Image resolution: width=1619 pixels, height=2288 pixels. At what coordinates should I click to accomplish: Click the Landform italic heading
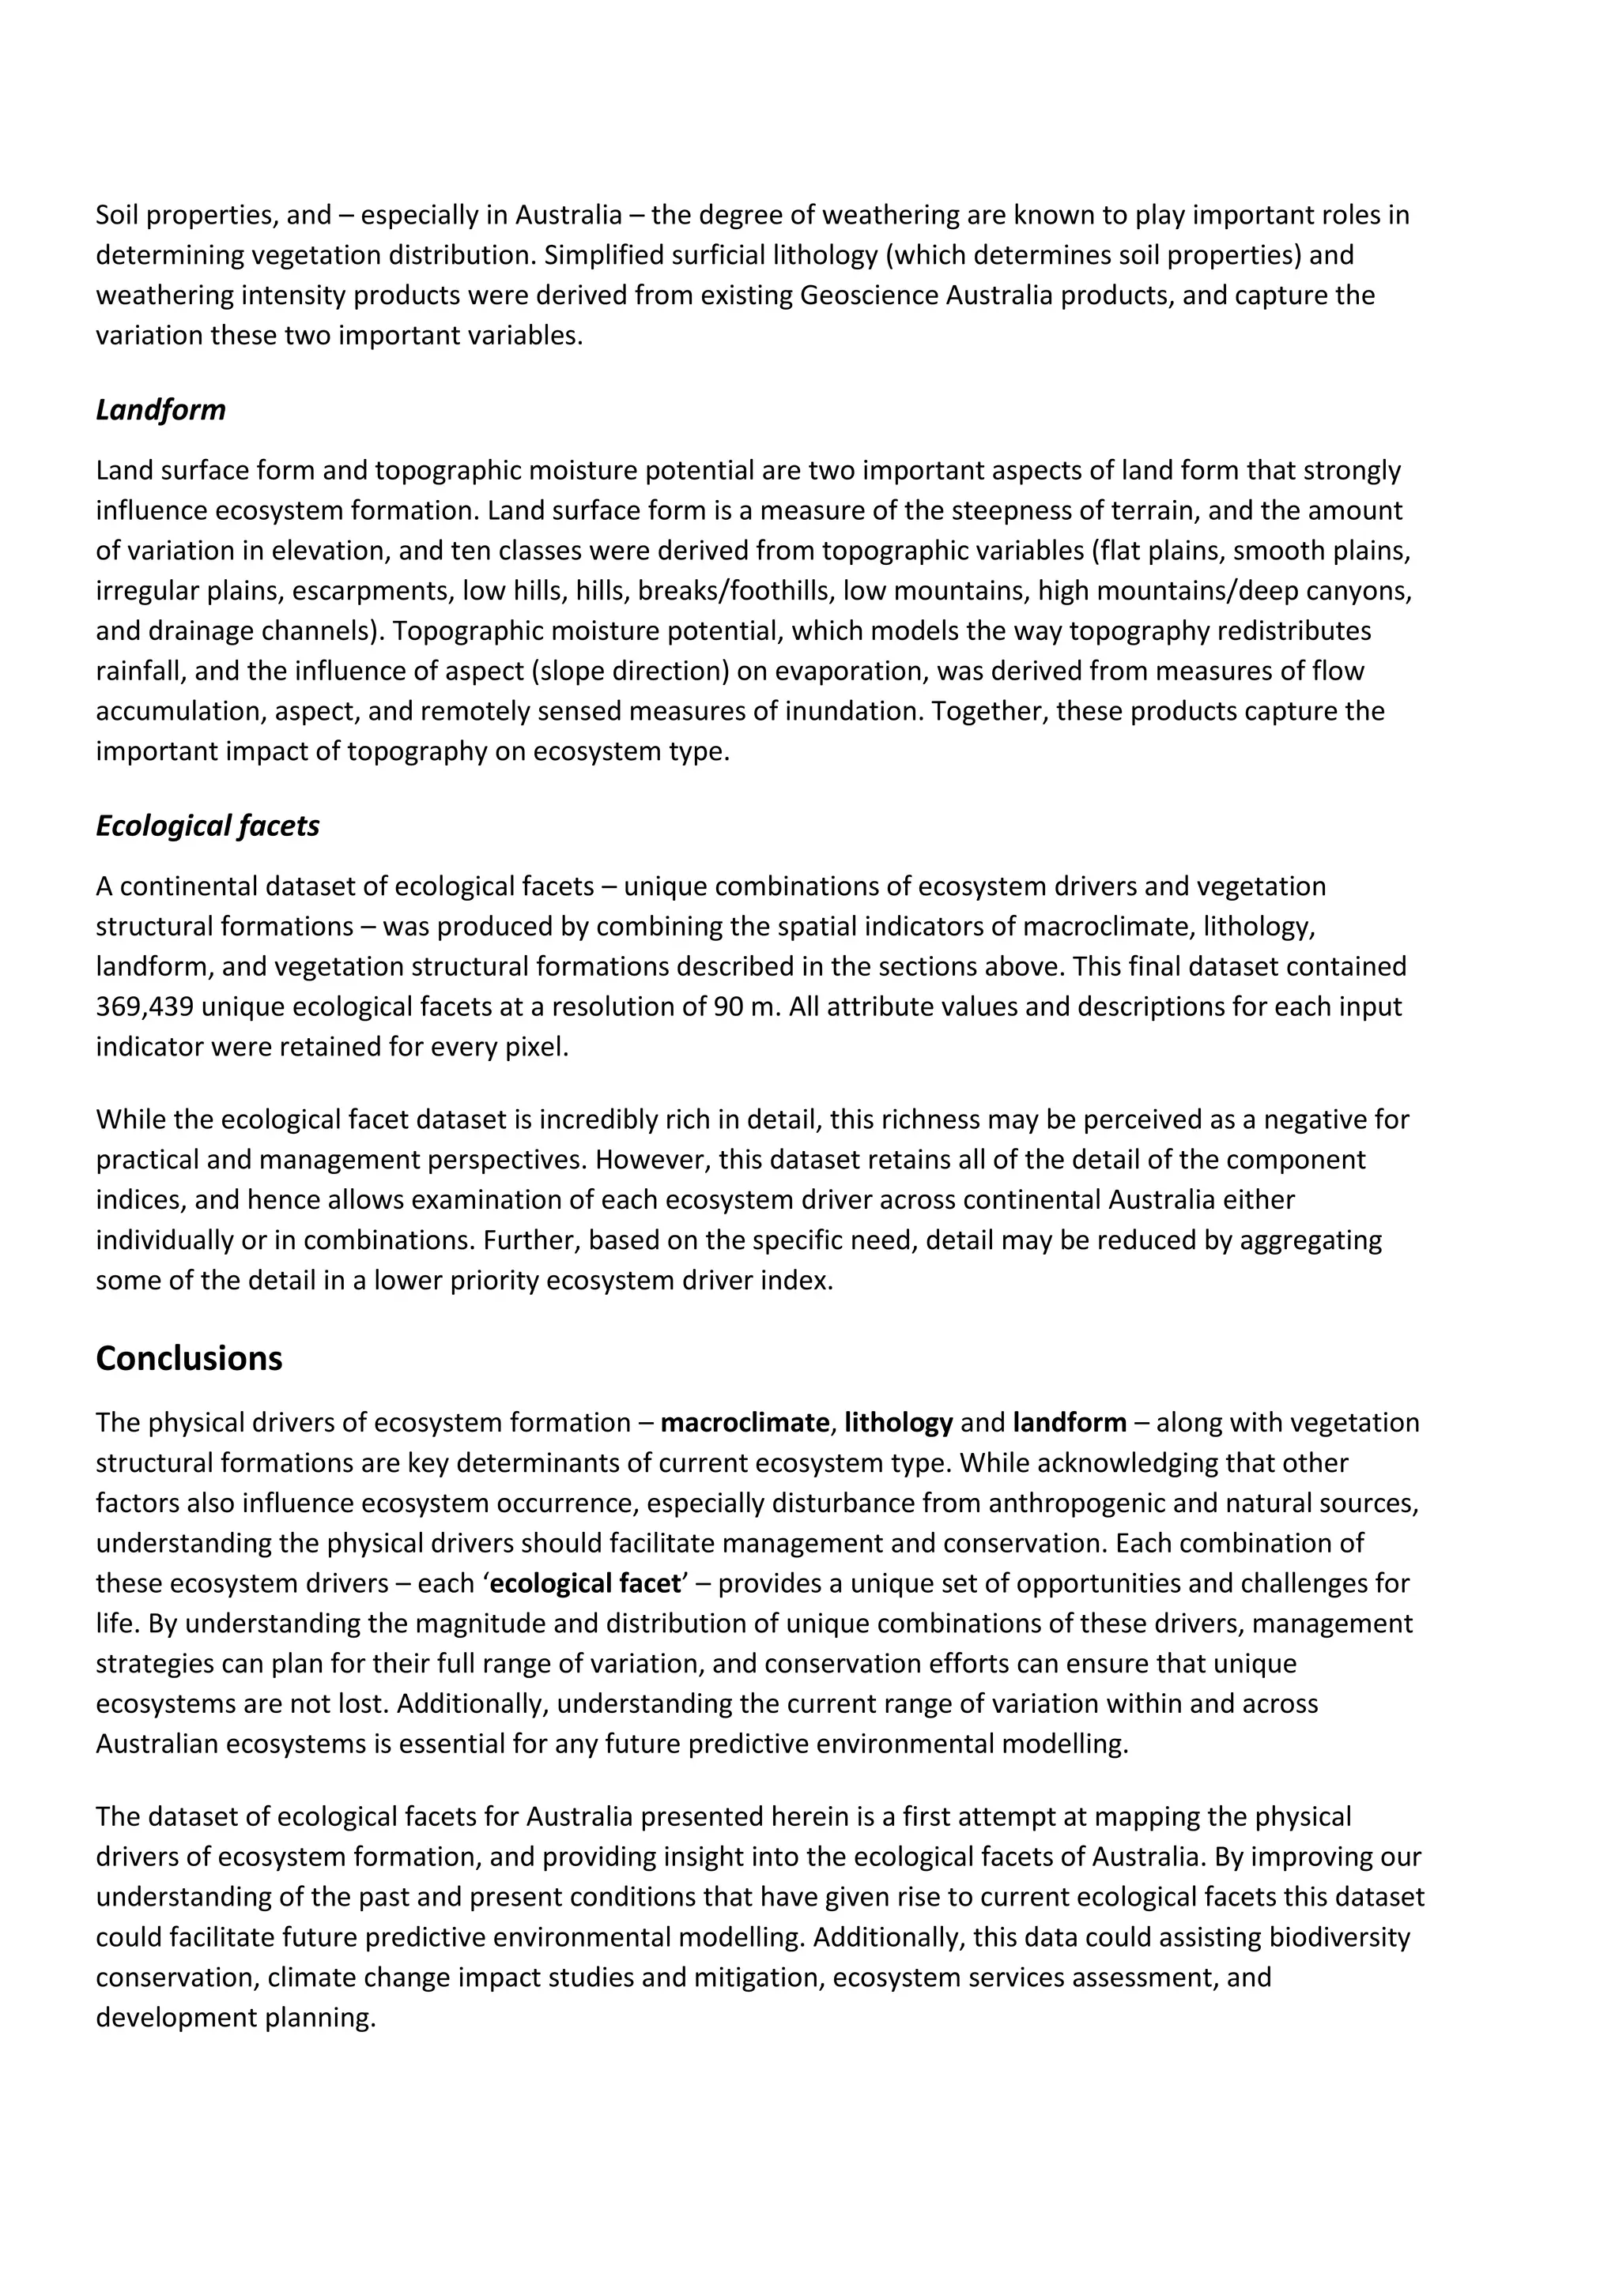pos(160,409)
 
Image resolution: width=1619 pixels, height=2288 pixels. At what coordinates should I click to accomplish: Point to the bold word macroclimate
pos(744,1422)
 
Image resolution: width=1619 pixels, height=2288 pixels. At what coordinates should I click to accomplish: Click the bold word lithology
pos(898,1422)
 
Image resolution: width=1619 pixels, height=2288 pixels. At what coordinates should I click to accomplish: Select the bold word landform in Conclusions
pos(1069,1422)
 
